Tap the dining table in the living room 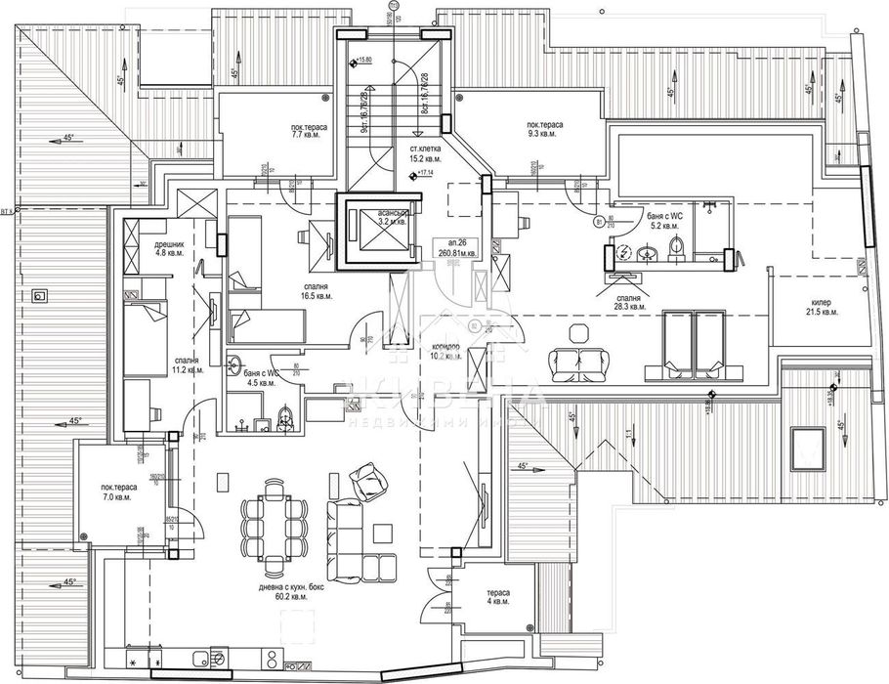[273, 518]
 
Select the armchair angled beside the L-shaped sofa [368, 479]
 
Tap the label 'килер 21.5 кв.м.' [821, 309]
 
